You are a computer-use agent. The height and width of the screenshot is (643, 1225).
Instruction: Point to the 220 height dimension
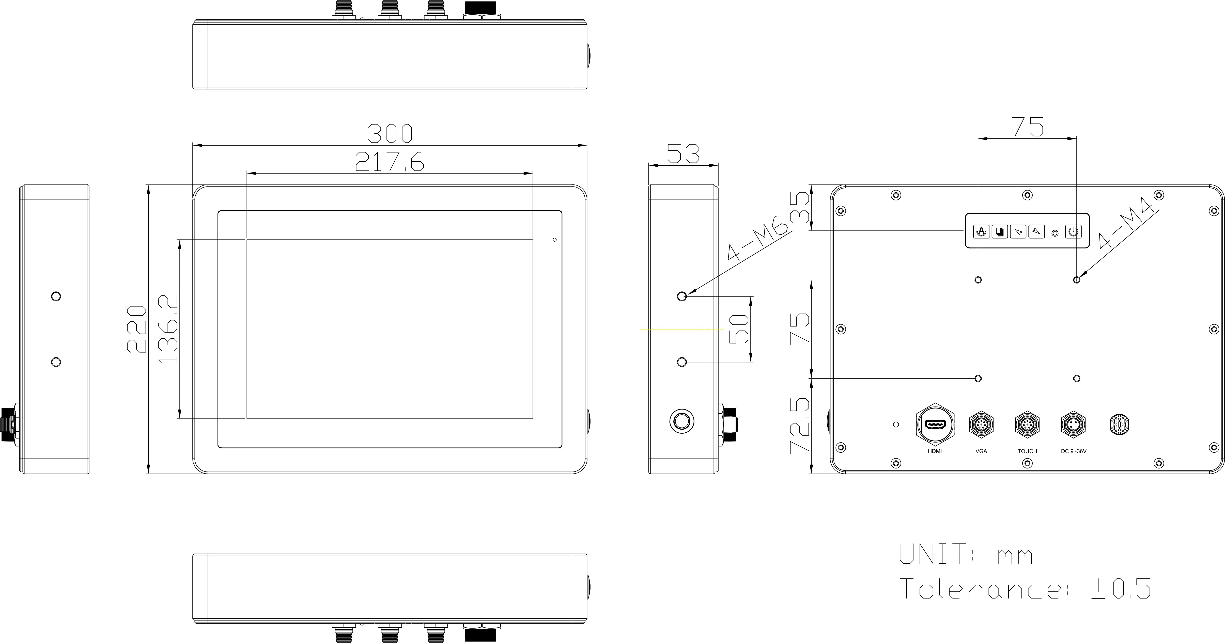pyautogui.click(x=136, y=329)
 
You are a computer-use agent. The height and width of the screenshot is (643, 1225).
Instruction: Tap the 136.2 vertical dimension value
pyautogui.click(x=168, y=329)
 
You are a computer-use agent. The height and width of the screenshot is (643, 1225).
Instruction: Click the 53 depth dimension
pyautogui.click(x=683, y=154)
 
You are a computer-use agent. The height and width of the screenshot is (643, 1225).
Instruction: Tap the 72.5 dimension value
pyautogui.click(x=800, y=426)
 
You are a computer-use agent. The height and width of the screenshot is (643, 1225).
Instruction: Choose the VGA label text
pyautogui.click(x=981, y=451)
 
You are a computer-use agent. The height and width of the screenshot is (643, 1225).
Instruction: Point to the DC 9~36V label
pyautogui.click(x=1073, y=451)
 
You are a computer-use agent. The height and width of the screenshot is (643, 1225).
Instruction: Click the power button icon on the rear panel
pyautogui.click(x=1073, y=232)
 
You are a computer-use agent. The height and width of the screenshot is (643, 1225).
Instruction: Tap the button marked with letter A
pyautogui.click(x=981, y=232)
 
